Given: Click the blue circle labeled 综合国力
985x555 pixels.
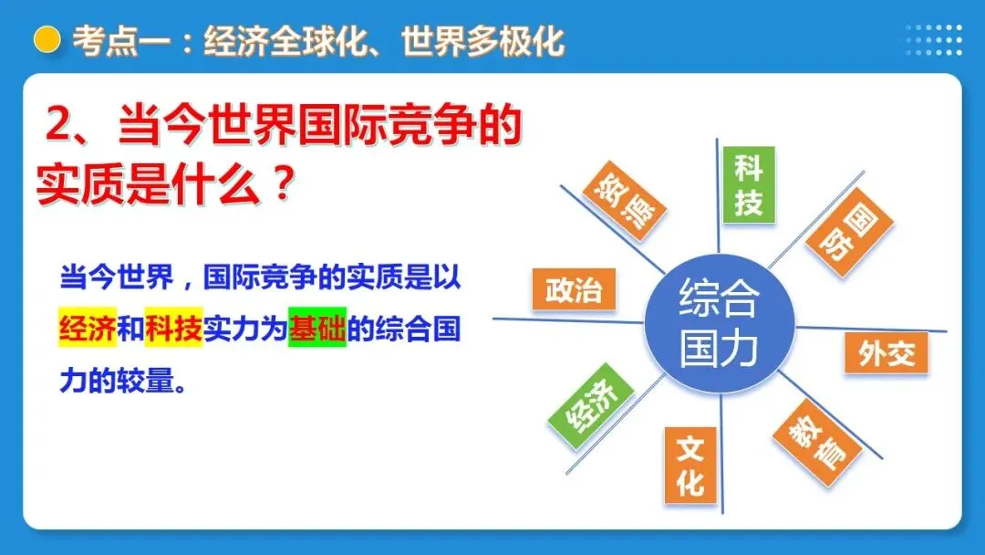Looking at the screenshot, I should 719,323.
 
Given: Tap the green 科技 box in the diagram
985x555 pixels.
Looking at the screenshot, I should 748,184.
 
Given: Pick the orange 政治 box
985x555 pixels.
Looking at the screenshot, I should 574,290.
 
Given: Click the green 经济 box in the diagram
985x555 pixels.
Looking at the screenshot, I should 590,406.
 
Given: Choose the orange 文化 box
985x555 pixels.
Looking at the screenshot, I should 689,465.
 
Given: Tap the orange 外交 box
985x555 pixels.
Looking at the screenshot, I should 886,353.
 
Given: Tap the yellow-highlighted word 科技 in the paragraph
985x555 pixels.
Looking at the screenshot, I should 173,330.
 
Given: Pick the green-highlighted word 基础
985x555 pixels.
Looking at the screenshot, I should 317,330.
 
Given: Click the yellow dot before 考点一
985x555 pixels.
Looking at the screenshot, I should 47,41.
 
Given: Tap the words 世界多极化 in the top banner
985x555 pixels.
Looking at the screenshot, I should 483,41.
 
